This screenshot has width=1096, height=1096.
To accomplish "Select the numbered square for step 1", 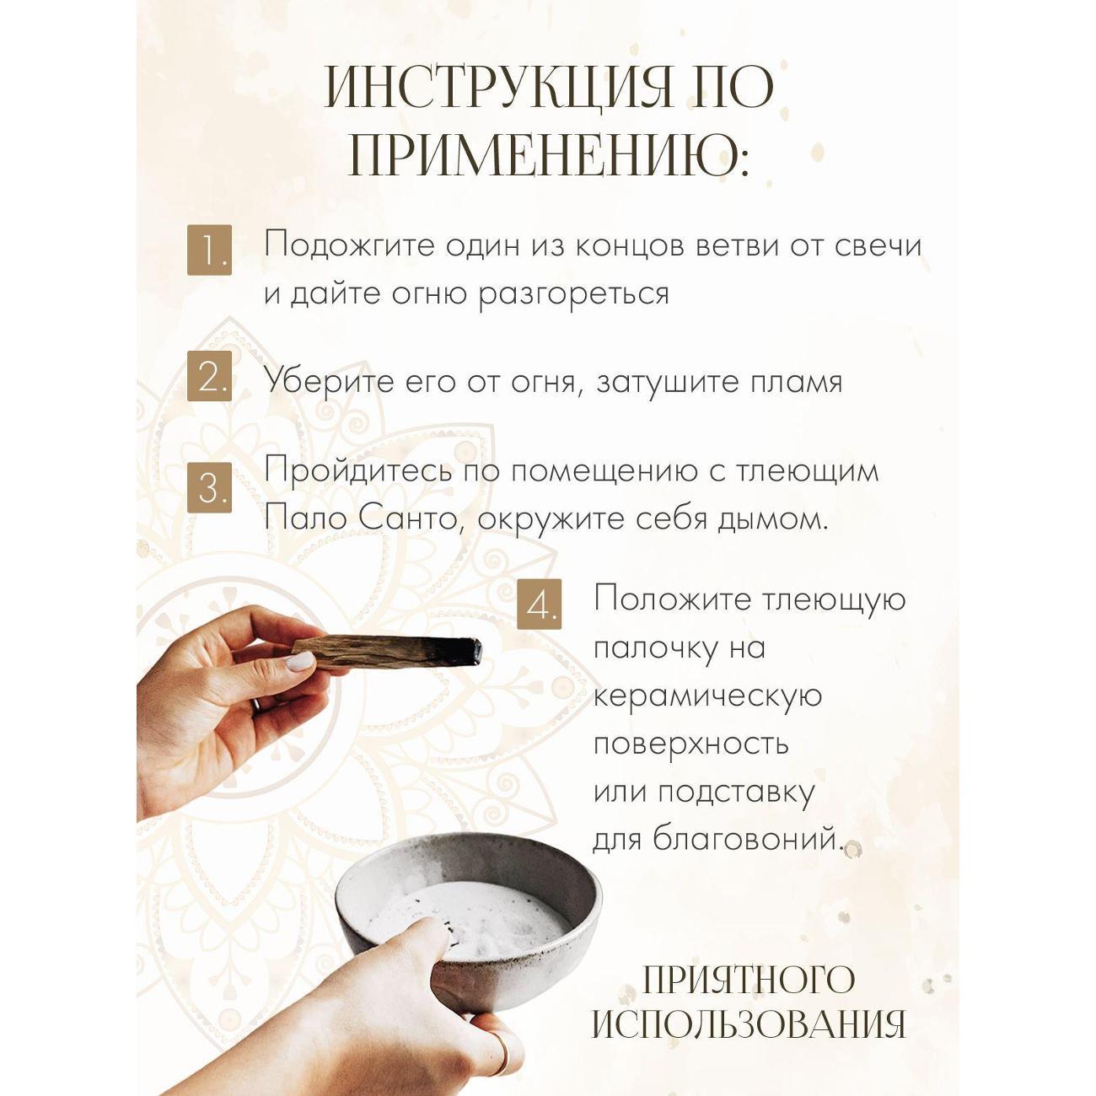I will pyautogui.click(x=209, y=249).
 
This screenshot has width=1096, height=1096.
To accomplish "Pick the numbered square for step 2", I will pyautogui.click(x=209, y=378).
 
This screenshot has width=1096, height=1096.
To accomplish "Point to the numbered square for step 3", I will pyautogui.click(x=209, y=489).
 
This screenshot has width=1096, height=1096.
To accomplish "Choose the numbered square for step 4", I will pyautogui.click(x=540, y=604).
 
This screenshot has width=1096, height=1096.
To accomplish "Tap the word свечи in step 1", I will pyautogui.click(x=878, y=245).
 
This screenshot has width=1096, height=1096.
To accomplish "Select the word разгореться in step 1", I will pyautogui.click(x=573, y=294).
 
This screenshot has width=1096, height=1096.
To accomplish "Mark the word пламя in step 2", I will pyautogui.click(x=796, y=382).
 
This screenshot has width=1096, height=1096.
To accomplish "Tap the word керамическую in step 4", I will pyautogui.click(x=707, y=696).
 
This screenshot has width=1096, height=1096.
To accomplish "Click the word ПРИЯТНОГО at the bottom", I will pyautogui.click(x=749, y=980).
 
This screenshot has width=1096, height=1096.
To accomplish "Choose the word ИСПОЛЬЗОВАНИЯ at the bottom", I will pyautogui.click(x=749, y=1024).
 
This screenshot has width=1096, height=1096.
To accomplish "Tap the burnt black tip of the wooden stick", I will pyautogui.click(x=468, y=650).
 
